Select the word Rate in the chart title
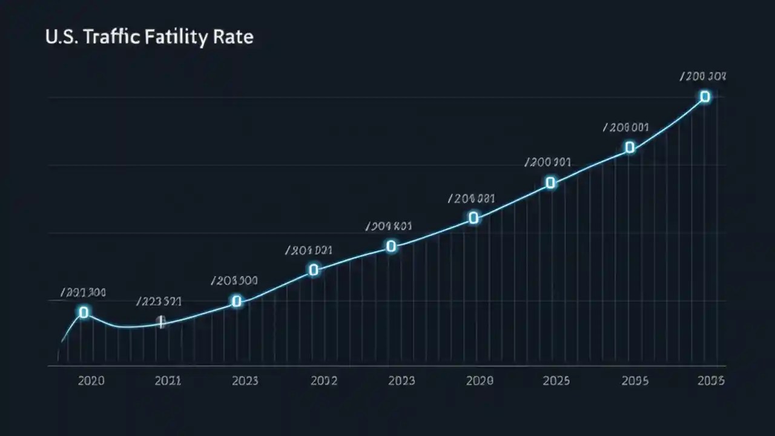coord(232,37)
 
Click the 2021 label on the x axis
coord(168,380)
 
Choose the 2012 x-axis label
coord(323,380)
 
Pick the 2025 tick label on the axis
coord(556,380)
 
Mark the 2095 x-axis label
coord(635,380)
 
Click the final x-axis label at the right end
coord(710,380)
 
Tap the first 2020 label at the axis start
coord(91,380)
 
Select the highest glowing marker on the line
coord(705,96)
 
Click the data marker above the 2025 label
coord(550,182)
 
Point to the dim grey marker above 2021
coord(161,321)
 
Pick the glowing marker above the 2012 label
coord(314,269)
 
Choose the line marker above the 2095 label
coord(630,147)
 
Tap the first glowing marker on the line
coord(84,312)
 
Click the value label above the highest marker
coord(703,77)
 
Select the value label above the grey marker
coord(159,301)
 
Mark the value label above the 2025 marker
coord(547,163)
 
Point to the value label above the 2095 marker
coord(626,128)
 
